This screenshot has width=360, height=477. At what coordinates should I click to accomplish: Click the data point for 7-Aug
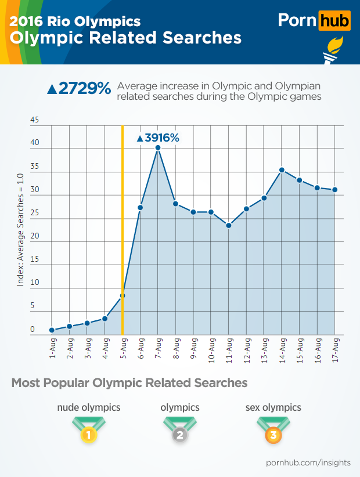pos(157,147)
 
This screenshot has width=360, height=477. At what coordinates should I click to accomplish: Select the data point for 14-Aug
pos(282,170)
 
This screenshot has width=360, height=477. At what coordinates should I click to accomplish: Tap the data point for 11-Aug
pos(229,225)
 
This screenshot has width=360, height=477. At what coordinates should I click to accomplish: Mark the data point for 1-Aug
pos(52,330)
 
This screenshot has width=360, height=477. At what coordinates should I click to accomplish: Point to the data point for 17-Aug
pos(335,190)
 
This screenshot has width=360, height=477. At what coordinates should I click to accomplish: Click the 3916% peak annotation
pos(157,138)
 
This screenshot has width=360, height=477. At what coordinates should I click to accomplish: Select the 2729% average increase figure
pos(78,89)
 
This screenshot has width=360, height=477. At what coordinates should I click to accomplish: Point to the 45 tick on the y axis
pos(34,121)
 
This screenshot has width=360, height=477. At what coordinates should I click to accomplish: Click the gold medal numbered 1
pos(88,433)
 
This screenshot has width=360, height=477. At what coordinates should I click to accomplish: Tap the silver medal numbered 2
pos(180,433)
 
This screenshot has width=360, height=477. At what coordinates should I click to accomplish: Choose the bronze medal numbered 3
pos(273,433)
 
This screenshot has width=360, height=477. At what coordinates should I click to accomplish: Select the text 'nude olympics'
pos(88,407)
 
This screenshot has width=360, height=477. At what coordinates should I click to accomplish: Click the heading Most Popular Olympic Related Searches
pos(129,383)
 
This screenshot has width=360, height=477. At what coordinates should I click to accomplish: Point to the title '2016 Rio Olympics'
pos(75,22)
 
